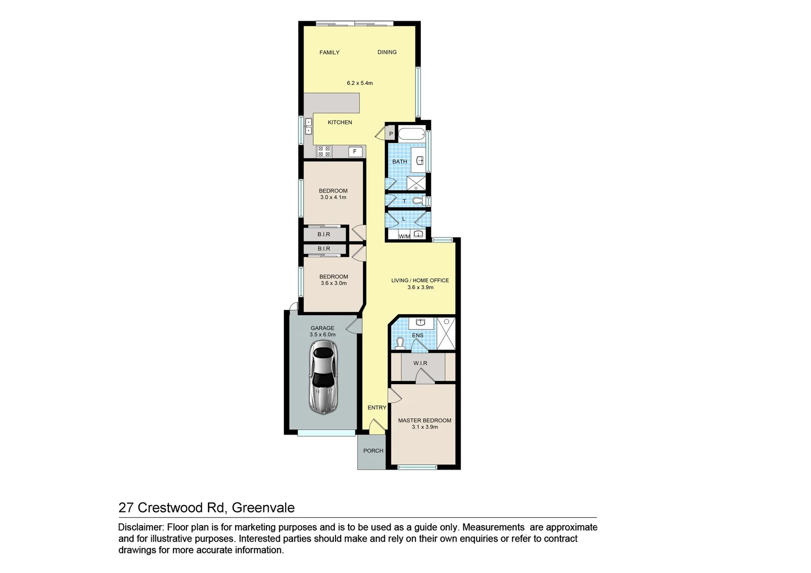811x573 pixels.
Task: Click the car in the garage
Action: tap(323, 377)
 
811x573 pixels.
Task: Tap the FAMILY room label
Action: tap(329, 53)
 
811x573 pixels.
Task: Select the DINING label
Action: tap(387, 52)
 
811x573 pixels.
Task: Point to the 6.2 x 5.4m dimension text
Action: tap(359, 83)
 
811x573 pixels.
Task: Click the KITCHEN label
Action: tap(340, 123)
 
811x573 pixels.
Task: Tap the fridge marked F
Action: tap(355, 152)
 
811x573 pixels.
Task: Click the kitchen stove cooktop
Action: tap(324, 152)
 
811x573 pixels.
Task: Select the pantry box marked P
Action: tap(391, 134)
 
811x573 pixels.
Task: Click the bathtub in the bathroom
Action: tap(411, 134)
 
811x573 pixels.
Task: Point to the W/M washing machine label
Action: tap(404, 237)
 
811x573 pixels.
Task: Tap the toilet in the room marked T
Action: tap(418, 201)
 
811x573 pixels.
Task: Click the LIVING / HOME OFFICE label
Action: tap(420, 281)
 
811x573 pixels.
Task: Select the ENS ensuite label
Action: tap(418, 335)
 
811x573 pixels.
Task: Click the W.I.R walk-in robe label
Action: tap(420, 363)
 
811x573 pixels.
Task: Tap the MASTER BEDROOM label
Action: tap(425, 421)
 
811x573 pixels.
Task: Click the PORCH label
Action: tap(373, 451)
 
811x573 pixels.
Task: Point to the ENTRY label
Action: tap(377, 407)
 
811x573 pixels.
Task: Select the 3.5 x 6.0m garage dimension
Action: tap(323, 335)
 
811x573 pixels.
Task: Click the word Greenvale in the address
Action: tap(263, 508)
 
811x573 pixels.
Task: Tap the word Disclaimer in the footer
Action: tap(141, 527)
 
